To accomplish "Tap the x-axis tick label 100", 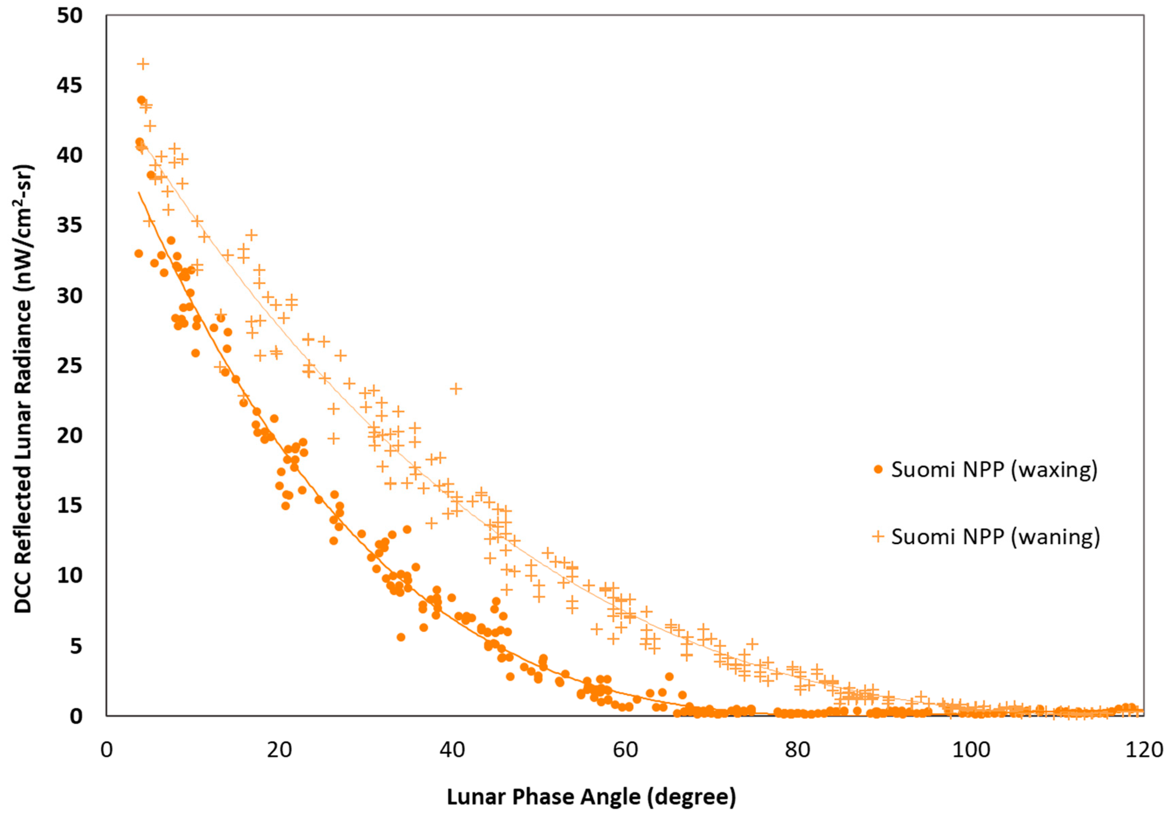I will click(970, 750).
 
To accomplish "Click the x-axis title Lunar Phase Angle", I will click(591, 797).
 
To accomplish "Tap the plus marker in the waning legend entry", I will click(878, 536).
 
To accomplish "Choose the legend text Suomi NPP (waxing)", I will click(994, 469).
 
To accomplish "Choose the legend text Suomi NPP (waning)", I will click(995, 536).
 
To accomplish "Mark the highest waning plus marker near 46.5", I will click(144, 63).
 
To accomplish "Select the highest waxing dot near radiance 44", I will click(141, 100).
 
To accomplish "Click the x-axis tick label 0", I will click(106, 750).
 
